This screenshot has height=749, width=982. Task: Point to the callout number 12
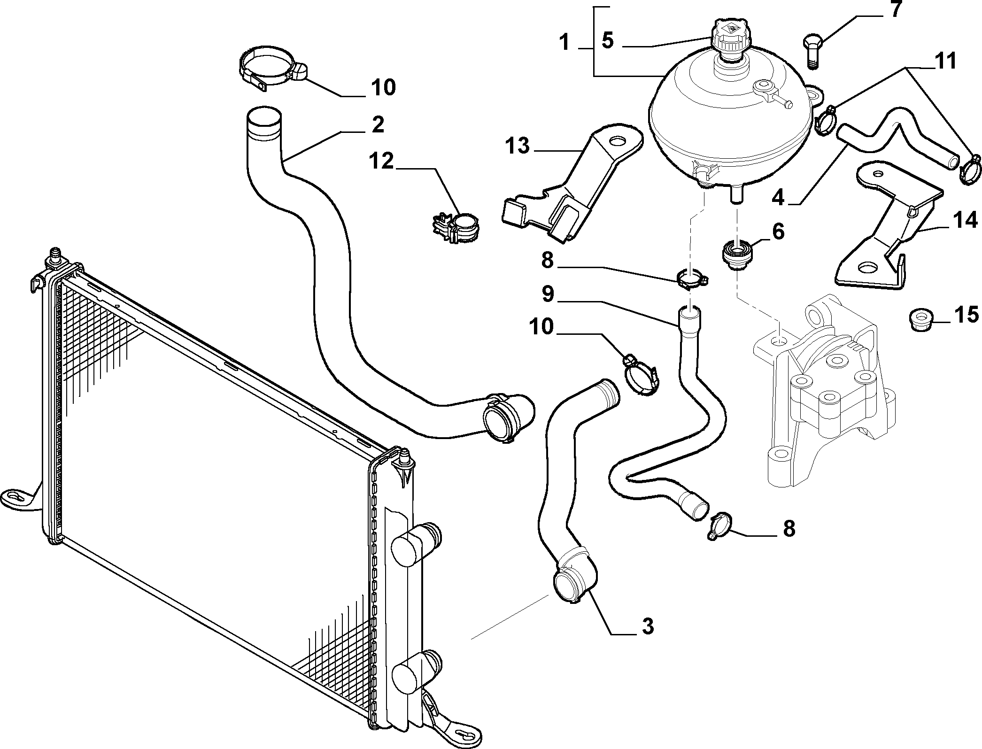click(x=381, y=161)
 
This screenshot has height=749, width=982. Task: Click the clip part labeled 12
click(x=457, y=227)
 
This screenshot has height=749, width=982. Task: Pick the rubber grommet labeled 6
click(x=737, y=255)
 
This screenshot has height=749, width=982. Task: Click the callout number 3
click(x=648, y=626)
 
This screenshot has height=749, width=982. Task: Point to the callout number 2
click(x=377, y=124)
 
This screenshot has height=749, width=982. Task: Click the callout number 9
click(x=548, y=294)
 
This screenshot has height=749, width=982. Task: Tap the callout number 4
click(x=778, y=197)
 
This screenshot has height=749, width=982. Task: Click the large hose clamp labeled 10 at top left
click(x=273, y=69)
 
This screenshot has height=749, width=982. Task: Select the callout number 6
click(x=778, y=232)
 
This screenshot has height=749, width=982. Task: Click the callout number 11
click(x=945, y=61)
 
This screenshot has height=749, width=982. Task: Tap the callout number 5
click(x=607, y=41)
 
